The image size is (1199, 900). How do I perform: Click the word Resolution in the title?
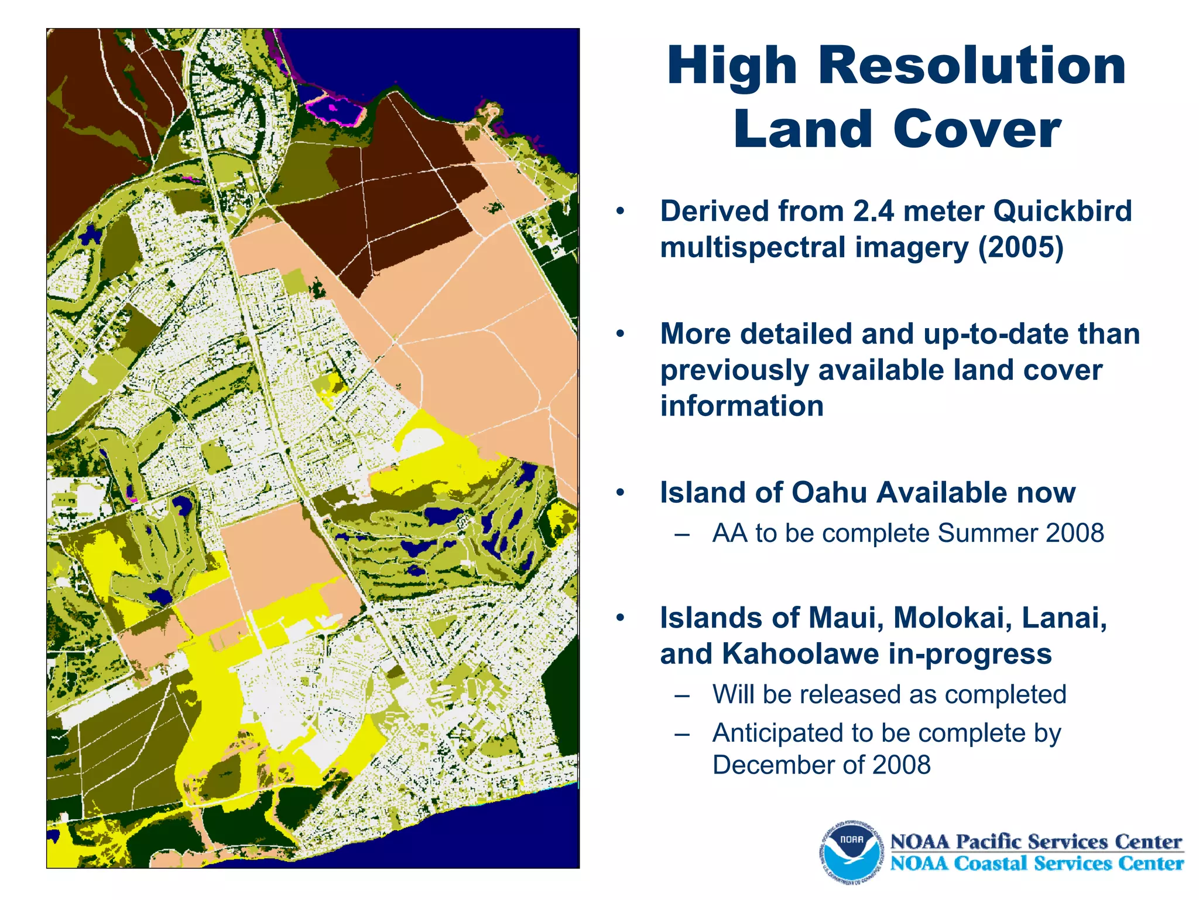[972, 66]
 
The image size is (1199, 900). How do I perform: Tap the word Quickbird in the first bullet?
[1063, 211]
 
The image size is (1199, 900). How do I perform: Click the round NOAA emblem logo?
[851, 852]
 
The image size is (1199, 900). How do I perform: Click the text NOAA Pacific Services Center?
[1036, 842]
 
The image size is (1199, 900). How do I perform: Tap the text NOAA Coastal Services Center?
[1036, 864]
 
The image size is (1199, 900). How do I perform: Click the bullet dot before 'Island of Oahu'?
[621, 493]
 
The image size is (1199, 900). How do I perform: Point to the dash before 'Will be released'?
[681, 696]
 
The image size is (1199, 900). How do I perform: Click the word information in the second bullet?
[742, 406]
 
